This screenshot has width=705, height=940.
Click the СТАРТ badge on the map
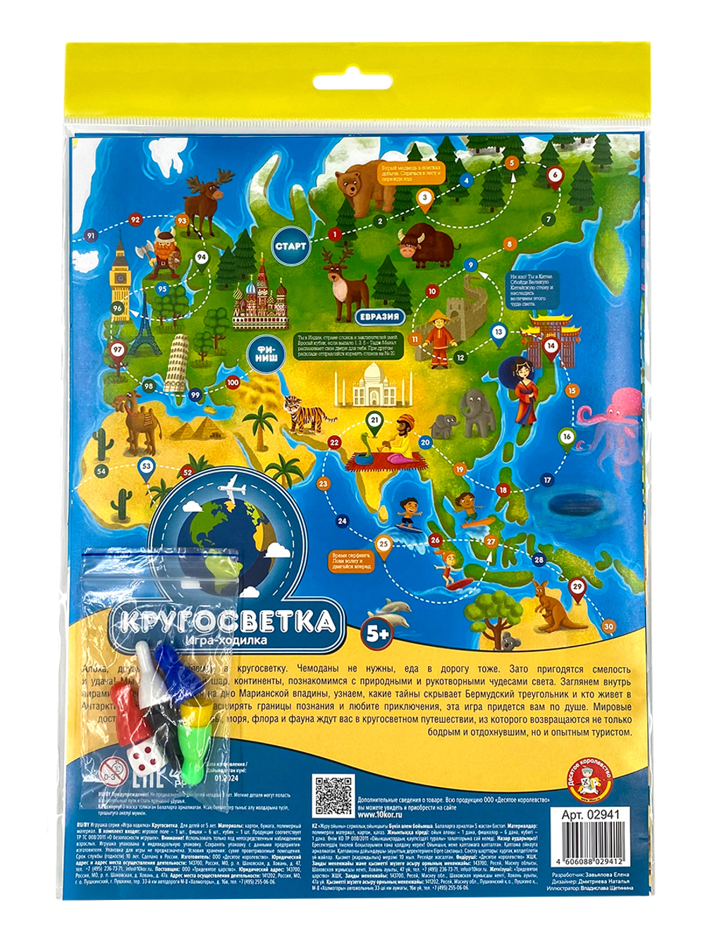point(290,245)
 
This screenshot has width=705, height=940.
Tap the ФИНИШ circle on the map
point(266,355)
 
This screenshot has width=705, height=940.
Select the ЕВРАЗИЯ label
point(379,317)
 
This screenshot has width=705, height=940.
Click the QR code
point(332,798)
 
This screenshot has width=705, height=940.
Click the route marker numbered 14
point(551,346)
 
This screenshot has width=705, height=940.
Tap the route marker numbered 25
point(384,544)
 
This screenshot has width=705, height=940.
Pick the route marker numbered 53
point(147,466)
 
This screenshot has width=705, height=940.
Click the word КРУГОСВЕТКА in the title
point(226,621)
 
